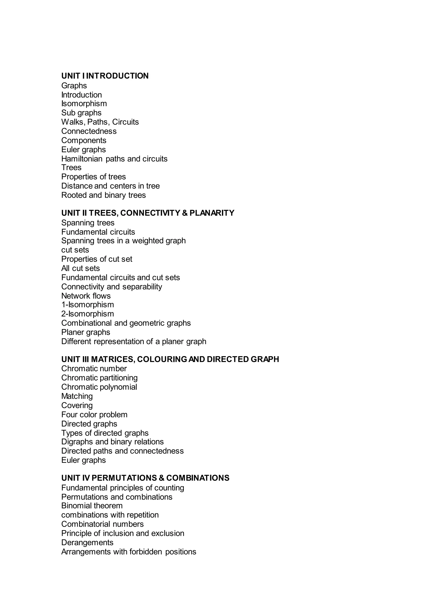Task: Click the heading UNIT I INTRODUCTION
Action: pyautogui.click(x=105, y=76)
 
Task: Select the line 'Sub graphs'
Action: pyautogui.click(x=81, y=113)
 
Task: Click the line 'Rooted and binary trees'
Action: pyautogui.click(x=104, y=195)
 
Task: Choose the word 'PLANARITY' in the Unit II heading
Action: pyautogui.click(x=212, y=213)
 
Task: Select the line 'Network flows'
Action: pyautogui.click(x=86, y=296)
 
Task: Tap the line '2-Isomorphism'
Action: pyautogui.click(x=87, y=314)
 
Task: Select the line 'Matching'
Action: pyautogui.click(x=77, y=396)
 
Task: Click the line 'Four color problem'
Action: pyautogui.click(x=94, y=415)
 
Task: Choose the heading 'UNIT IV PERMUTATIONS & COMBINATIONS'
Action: pyautogui.click(x=145, y=478)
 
